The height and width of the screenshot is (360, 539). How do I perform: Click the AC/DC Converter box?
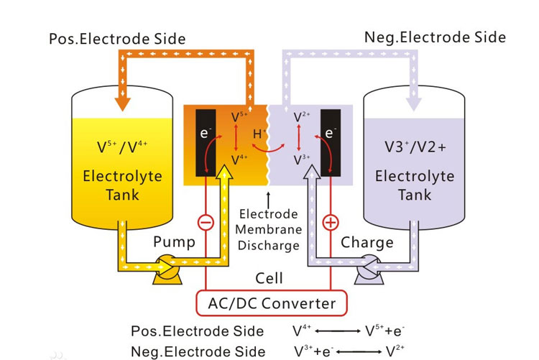(272, 303)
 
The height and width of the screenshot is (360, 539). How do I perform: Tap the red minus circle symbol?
(205, 223)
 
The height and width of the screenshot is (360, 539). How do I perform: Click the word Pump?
(174, 242)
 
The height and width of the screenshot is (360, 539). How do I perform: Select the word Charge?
(367, 242)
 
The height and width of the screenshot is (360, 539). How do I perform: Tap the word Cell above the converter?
(269, 277)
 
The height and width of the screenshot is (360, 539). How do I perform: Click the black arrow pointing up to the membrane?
(269, 195)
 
